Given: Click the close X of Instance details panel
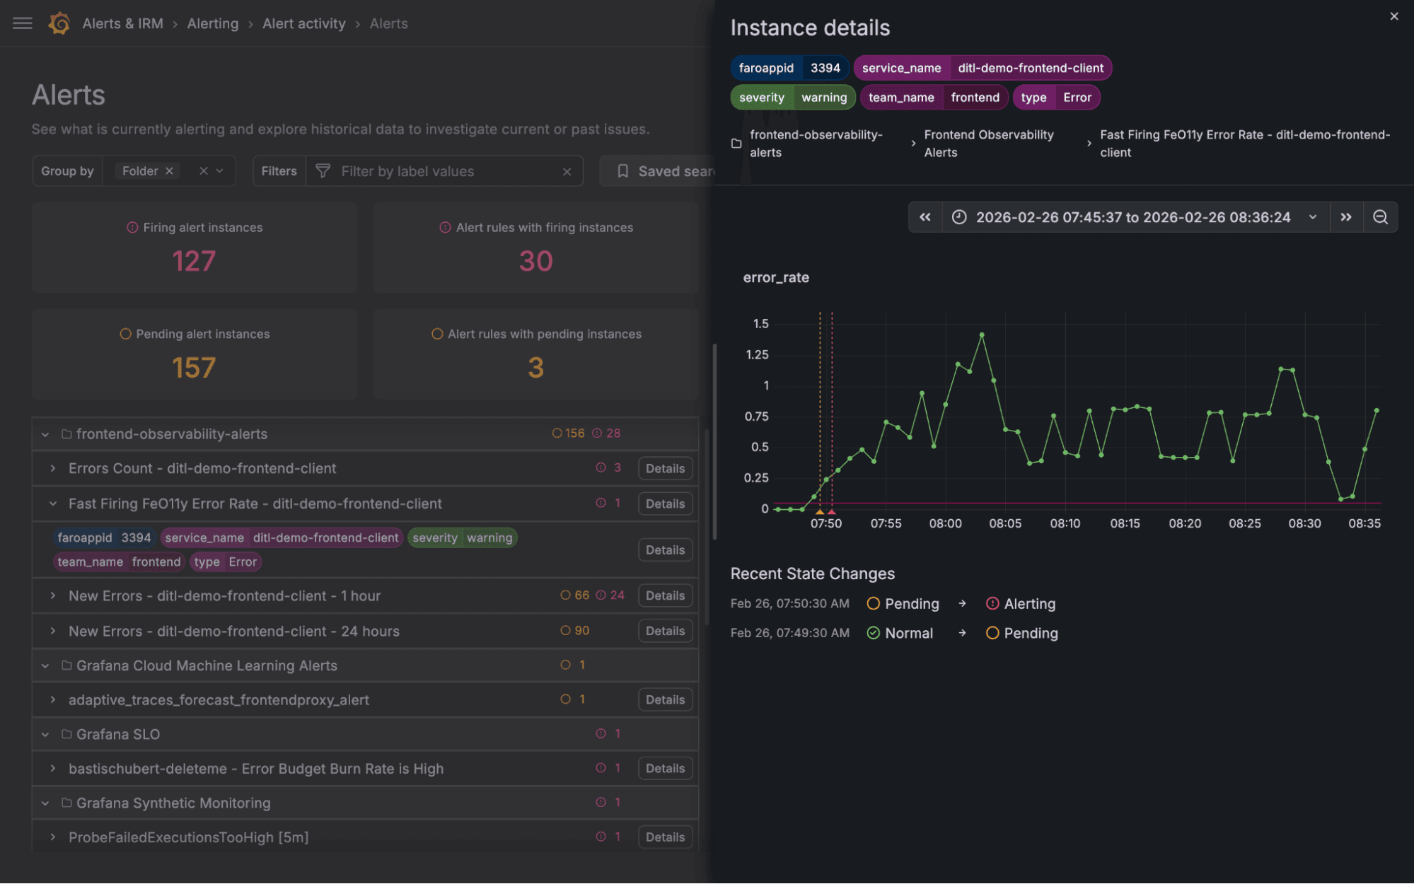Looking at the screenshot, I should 1393,16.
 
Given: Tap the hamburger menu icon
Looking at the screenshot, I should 23,23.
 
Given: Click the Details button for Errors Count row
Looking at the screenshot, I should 664,468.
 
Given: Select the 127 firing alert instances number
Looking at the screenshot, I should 194,261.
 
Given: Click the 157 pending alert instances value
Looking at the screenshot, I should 194,368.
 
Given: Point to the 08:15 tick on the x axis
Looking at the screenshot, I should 1124,523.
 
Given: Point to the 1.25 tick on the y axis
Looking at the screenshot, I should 757,354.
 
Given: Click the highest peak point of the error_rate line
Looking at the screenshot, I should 982,335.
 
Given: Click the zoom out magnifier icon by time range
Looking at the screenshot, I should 1379,217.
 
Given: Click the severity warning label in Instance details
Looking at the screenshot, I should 792,98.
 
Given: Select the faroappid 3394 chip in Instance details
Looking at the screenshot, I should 789,68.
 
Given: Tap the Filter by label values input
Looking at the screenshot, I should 446,171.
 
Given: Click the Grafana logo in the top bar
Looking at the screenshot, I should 59,23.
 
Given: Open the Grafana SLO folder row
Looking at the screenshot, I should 118,734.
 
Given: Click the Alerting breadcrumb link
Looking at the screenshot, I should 212,23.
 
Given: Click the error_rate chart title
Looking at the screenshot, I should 775,278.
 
